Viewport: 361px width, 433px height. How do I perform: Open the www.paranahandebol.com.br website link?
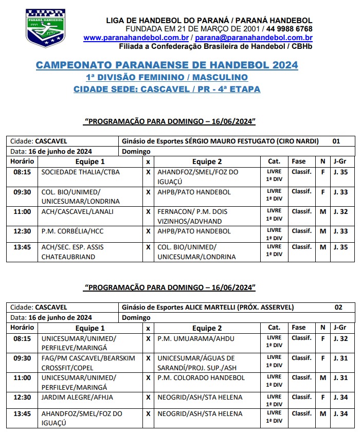(x=136, y=38)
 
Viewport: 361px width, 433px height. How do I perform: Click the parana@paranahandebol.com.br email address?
(x=254, y=38)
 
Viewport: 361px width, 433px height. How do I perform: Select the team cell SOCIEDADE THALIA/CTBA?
(x=80, y=172)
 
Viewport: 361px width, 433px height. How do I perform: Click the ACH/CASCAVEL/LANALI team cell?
(x=78, y=211)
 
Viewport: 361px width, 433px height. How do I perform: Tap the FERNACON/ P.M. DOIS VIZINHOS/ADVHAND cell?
(x=197, y=216)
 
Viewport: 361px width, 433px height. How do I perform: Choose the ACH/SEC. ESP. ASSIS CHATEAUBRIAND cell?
(x=73, y=251)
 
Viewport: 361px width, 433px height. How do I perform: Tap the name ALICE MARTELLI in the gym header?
(x=209, y=307)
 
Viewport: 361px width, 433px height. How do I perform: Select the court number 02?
(x=338, y=307)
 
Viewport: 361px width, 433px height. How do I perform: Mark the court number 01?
(x=336, y=141)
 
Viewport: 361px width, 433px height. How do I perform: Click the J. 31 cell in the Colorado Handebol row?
(x=340, y=377)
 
